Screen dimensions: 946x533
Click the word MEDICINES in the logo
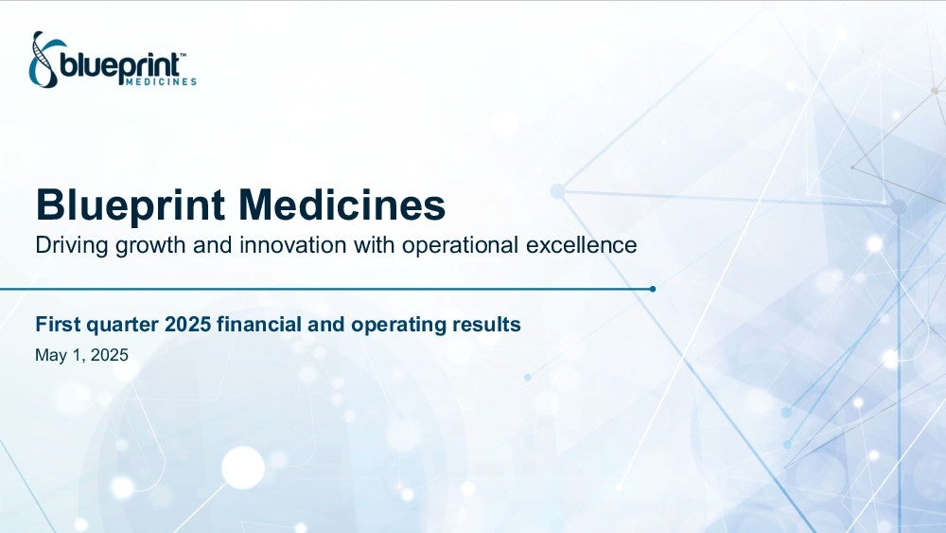point(161,81)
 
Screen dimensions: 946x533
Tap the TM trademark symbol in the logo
point(183,55)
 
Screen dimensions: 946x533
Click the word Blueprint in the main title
point(131,205)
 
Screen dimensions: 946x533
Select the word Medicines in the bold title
point(342,204)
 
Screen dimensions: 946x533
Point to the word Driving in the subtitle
point(72,246)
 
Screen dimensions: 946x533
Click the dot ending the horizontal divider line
point(652,289)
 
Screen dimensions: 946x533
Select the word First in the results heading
point(58,324)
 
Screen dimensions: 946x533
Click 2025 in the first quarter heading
point(187,324)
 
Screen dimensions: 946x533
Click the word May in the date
point(51,356)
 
